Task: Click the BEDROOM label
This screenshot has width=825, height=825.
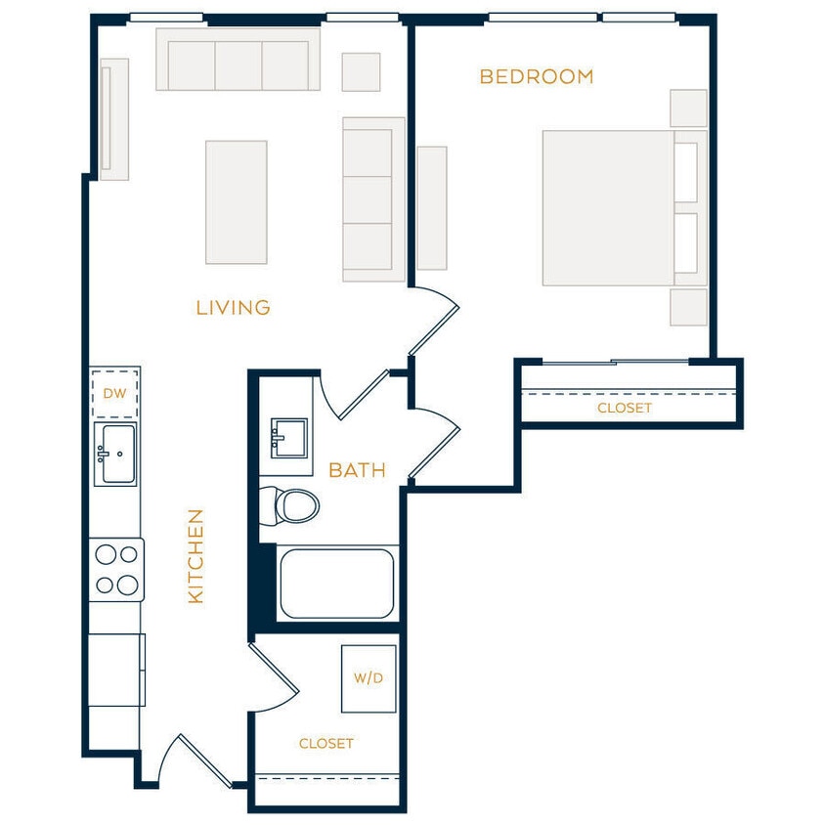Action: (x=536, y=76)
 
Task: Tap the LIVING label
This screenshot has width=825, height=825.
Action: (x=233, y=308)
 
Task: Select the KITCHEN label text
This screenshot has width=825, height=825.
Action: (x=195, y=555)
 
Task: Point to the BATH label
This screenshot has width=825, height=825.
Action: (x=357, y=470)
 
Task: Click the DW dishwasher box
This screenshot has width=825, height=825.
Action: (x=115, y=393)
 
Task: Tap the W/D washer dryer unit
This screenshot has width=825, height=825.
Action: (x=369, y=678)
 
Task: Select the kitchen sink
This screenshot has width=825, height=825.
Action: (x=115, y=454)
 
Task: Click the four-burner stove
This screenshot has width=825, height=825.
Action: (x=116, y=570)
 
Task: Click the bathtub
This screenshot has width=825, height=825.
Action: (x=337, y=584)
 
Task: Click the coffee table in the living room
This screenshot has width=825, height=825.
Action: (x=236, y=201)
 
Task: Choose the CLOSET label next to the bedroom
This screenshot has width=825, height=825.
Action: (x=624, y=408)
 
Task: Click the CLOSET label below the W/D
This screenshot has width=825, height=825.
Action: (x=326, y=744)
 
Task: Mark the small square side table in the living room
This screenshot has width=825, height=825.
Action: (x=361, y=71)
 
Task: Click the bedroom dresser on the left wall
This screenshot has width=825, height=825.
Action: (x=431, y=207)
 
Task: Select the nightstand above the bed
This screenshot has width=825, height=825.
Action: (x=688, y=108)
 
